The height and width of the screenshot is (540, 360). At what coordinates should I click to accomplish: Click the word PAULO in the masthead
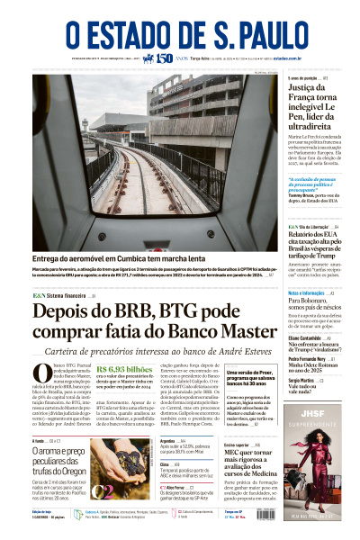256,35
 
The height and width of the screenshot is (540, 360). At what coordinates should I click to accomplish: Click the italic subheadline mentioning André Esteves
144,350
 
